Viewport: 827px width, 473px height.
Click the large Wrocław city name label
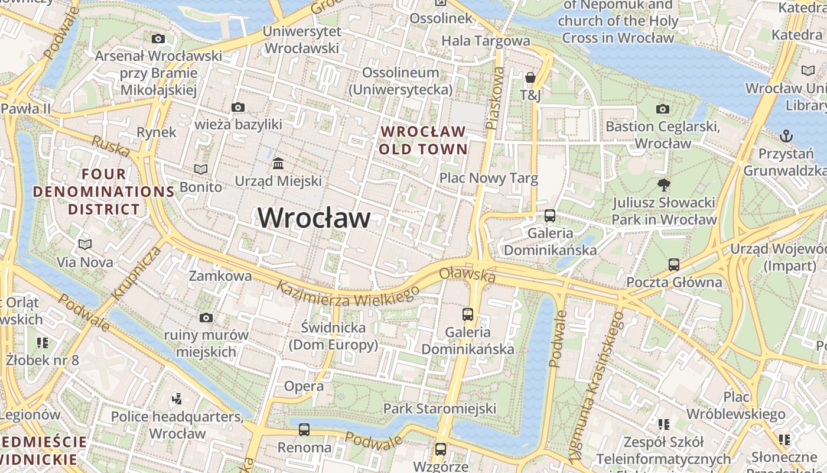(314, 218)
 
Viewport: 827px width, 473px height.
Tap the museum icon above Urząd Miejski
(278, 163)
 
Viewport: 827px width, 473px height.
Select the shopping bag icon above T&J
(530, 77)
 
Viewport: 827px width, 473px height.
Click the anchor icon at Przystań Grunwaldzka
(786, 137)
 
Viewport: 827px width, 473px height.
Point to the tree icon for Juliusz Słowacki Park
(664, 184)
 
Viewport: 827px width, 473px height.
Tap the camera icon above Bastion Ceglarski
(663, 109)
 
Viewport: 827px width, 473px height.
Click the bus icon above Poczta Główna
(674, 264)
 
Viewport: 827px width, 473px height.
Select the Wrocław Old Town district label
(423, 140)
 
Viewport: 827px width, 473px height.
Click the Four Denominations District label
(104, 192)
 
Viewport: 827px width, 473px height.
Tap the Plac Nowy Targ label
(489, 179)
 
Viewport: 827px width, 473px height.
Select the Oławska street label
(467, 274)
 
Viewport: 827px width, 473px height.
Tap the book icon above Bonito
(201, 170)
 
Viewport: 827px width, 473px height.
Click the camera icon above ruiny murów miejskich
(206, 318)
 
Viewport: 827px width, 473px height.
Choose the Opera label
(304, 387)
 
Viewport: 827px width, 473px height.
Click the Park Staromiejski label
(439, 409)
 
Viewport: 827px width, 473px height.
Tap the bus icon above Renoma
(304, 430)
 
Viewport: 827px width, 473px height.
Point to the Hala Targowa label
(486, 41)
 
